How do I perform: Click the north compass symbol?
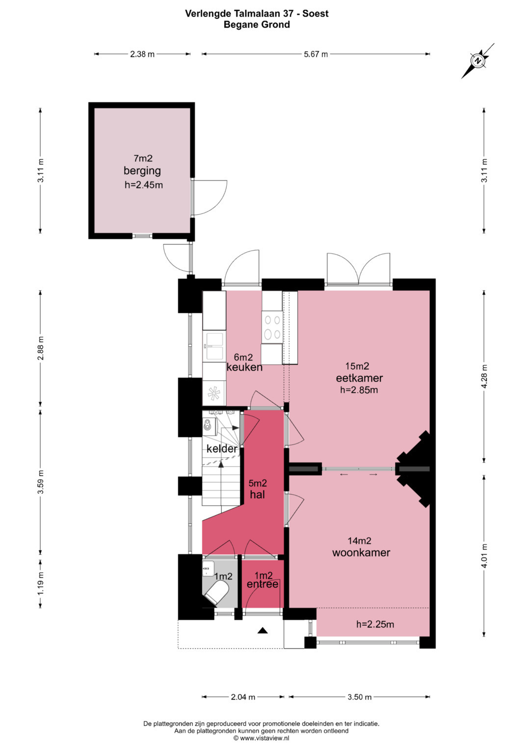(x=478, y=61)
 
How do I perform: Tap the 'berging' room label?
(x=142, y=171)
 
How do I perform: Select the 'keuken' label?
(x=244, y=367)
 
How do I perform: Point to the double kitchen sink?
(x=213, y=346)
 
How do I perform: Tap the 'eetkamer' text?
(x=359, y=378)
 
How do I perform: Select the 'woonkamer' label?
(x=361, y=553)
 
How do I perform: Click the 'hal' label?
(x=257, y=495)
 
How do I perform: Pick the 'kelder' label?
(x=222, y=448)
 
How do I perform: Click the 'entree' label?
(x=263, y=584)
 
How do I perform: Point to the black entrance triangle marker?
(x=263, y=631)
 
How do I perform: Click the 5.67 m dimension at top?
(x=316, y=54)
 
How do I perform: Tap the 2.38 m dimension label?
(x=142, y=54)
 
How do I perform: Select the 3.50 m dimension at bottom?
(x=359, y=697)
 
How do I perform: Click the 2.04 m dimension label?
(x=243, y=697)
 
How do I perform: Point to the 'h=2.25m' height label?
(x=375, y=624)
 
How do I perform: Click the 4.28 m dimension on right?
(x=484, y=376)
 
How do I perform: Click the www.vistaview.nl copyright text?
(x=261, y=738)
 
